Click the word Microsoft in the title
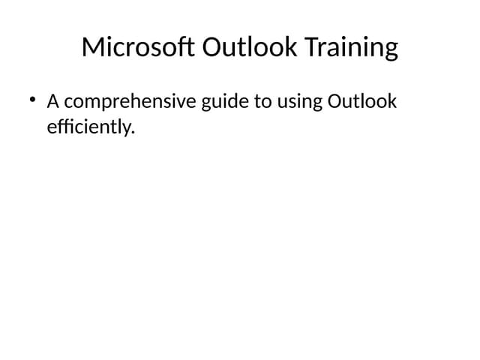coord(139,47)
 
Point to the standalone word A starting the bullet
coord(53,101)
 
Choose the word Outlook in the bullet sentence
coord(362,101)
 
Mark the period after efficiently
coord(133,133)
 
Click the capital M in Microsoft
coord(92,47)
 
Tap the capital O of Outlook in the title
coord(214,47)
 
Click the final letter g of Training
coord(390,51)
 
